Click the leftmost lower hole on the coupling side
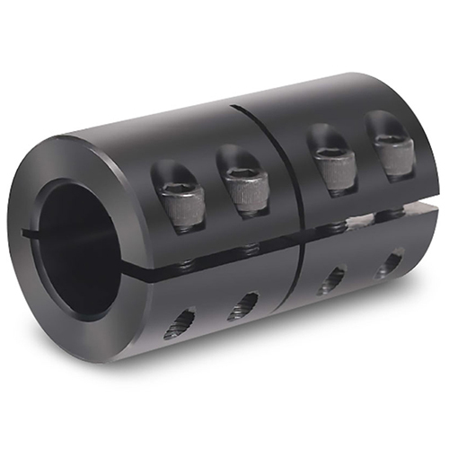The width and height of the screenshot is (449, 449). point(180,321)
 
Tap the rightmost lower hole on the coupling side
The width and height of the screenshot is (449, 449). point(390,263)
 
